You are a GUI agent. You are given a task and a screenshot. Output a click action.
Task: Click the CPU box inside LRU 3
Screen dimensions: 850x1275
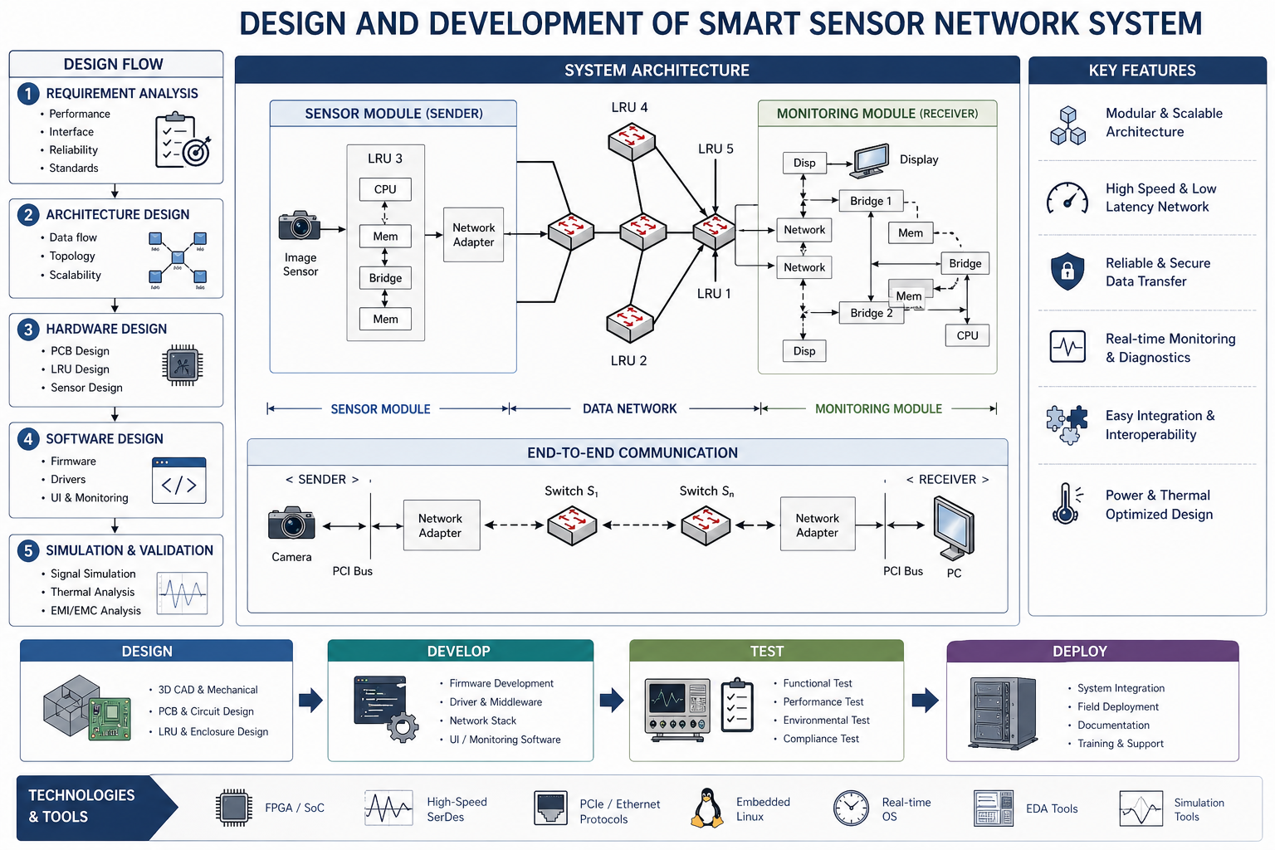(385, 189)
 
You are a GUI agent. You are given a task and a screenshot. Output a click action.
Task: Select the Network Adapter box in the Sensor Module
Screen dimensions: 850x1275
(473, 235)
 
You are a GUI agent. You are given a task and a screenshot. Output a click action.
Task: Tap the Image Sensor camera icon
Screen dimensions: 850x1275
(299, 226)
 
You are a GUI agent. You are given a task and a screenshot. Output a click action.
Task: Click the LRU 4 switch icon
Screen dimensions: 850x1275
(632, 141)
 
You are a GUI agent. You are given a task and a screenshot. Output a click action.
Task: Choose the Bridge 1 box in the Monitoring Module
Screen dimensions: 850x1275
(871, 201)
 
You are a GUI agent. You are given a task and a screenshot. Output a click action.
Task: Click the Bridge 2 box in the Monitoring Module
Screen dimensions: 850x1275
(871, 313)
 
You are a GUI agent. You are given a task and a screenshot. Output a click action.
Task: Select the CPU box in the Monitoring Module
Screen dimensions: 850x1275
(967, 335)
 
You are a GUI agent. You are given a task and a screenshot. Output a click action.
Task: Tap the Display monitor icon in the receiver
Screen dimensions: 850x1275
(870, 161)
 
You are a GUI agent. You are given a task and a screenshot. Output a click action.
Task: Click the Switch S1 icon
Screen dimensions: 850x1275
(572, 525)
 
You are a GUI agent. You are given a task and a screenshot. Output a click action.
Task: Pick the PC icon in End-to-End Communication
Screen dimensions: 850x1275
(954, 527)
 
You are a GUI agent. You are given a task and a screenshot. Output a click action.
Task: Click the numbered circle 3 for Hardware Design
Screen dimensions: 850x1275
(28, 330)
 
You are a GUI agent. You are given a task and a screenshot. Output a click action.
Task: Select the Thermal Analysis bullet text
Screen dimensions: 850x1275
(92, 592)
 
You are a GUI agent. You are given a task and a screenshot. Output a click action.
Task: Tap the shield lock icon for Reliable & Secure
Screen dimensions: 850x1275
(1067, 271)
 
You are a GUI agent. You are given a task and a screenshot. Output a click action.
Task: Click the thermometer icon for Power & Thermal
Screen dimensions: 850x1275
(1067, 504)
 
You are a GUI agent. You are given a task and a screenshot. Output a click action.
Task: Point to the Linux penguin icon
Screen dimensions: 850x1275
(707, 808)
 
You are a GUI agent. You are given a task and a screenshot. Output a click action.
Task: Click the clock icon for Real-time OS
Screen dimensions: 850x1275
(851, 808)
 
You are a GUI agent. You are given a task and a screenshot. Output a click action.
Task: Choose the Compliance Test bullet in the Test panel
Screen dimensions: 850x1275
(821, 739)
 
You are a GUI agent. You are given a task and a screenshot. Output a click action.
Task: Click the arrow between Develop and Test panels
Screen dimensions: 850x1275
(612, 700)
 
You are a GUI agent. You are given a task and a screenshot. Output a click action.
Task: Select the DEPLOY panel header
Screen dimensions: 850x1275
(1092, 652)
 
